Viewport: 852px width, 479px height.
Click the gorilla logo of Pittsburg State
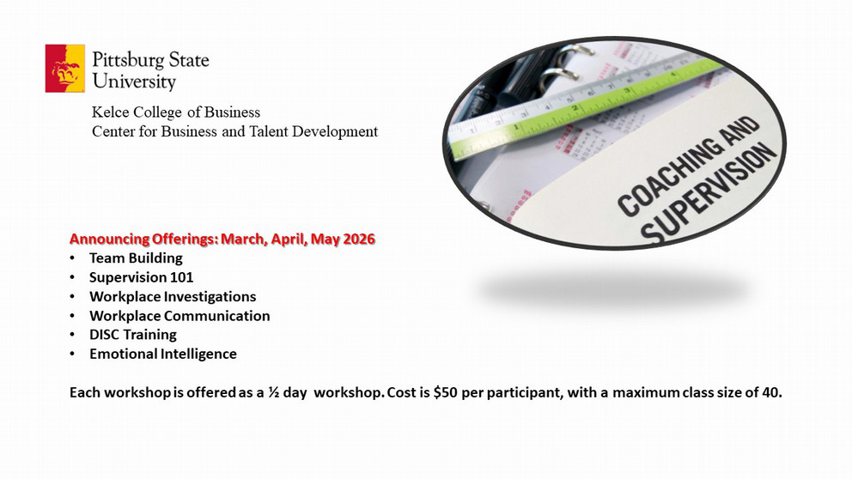(65, 69)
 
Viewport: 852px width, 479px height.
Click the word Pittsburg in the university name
(128, 60)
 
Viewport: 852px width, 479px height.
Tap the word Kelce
(110, 112)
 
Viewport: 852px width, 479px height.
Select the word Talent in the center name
(269, 131)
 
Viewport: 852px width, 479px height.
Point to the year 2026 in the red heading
(359, 239)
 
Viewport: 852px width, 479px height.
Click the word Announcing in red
(109, 240)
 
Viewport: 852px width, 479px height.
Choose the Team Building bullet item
(136, 258)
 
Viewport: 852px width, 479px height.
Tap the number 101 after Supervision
(181, 277)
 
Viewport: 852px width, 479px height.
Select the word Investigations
(210, 296)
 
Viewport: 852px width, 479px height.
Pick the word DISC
(105, 334)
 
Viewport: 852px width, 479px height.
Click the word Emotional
(122, 354)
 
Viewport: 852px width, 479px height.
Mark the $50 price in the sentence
(446, 392)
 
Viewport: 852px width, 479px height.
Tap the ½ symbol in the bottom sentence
(273, 392)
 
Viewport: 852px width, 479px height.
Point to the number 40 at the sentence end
(770, 392)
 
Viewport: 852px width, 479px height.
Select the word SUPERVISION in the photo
(709, 193)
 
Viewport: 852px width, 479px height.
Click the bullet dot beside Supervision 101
(72, 277)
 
